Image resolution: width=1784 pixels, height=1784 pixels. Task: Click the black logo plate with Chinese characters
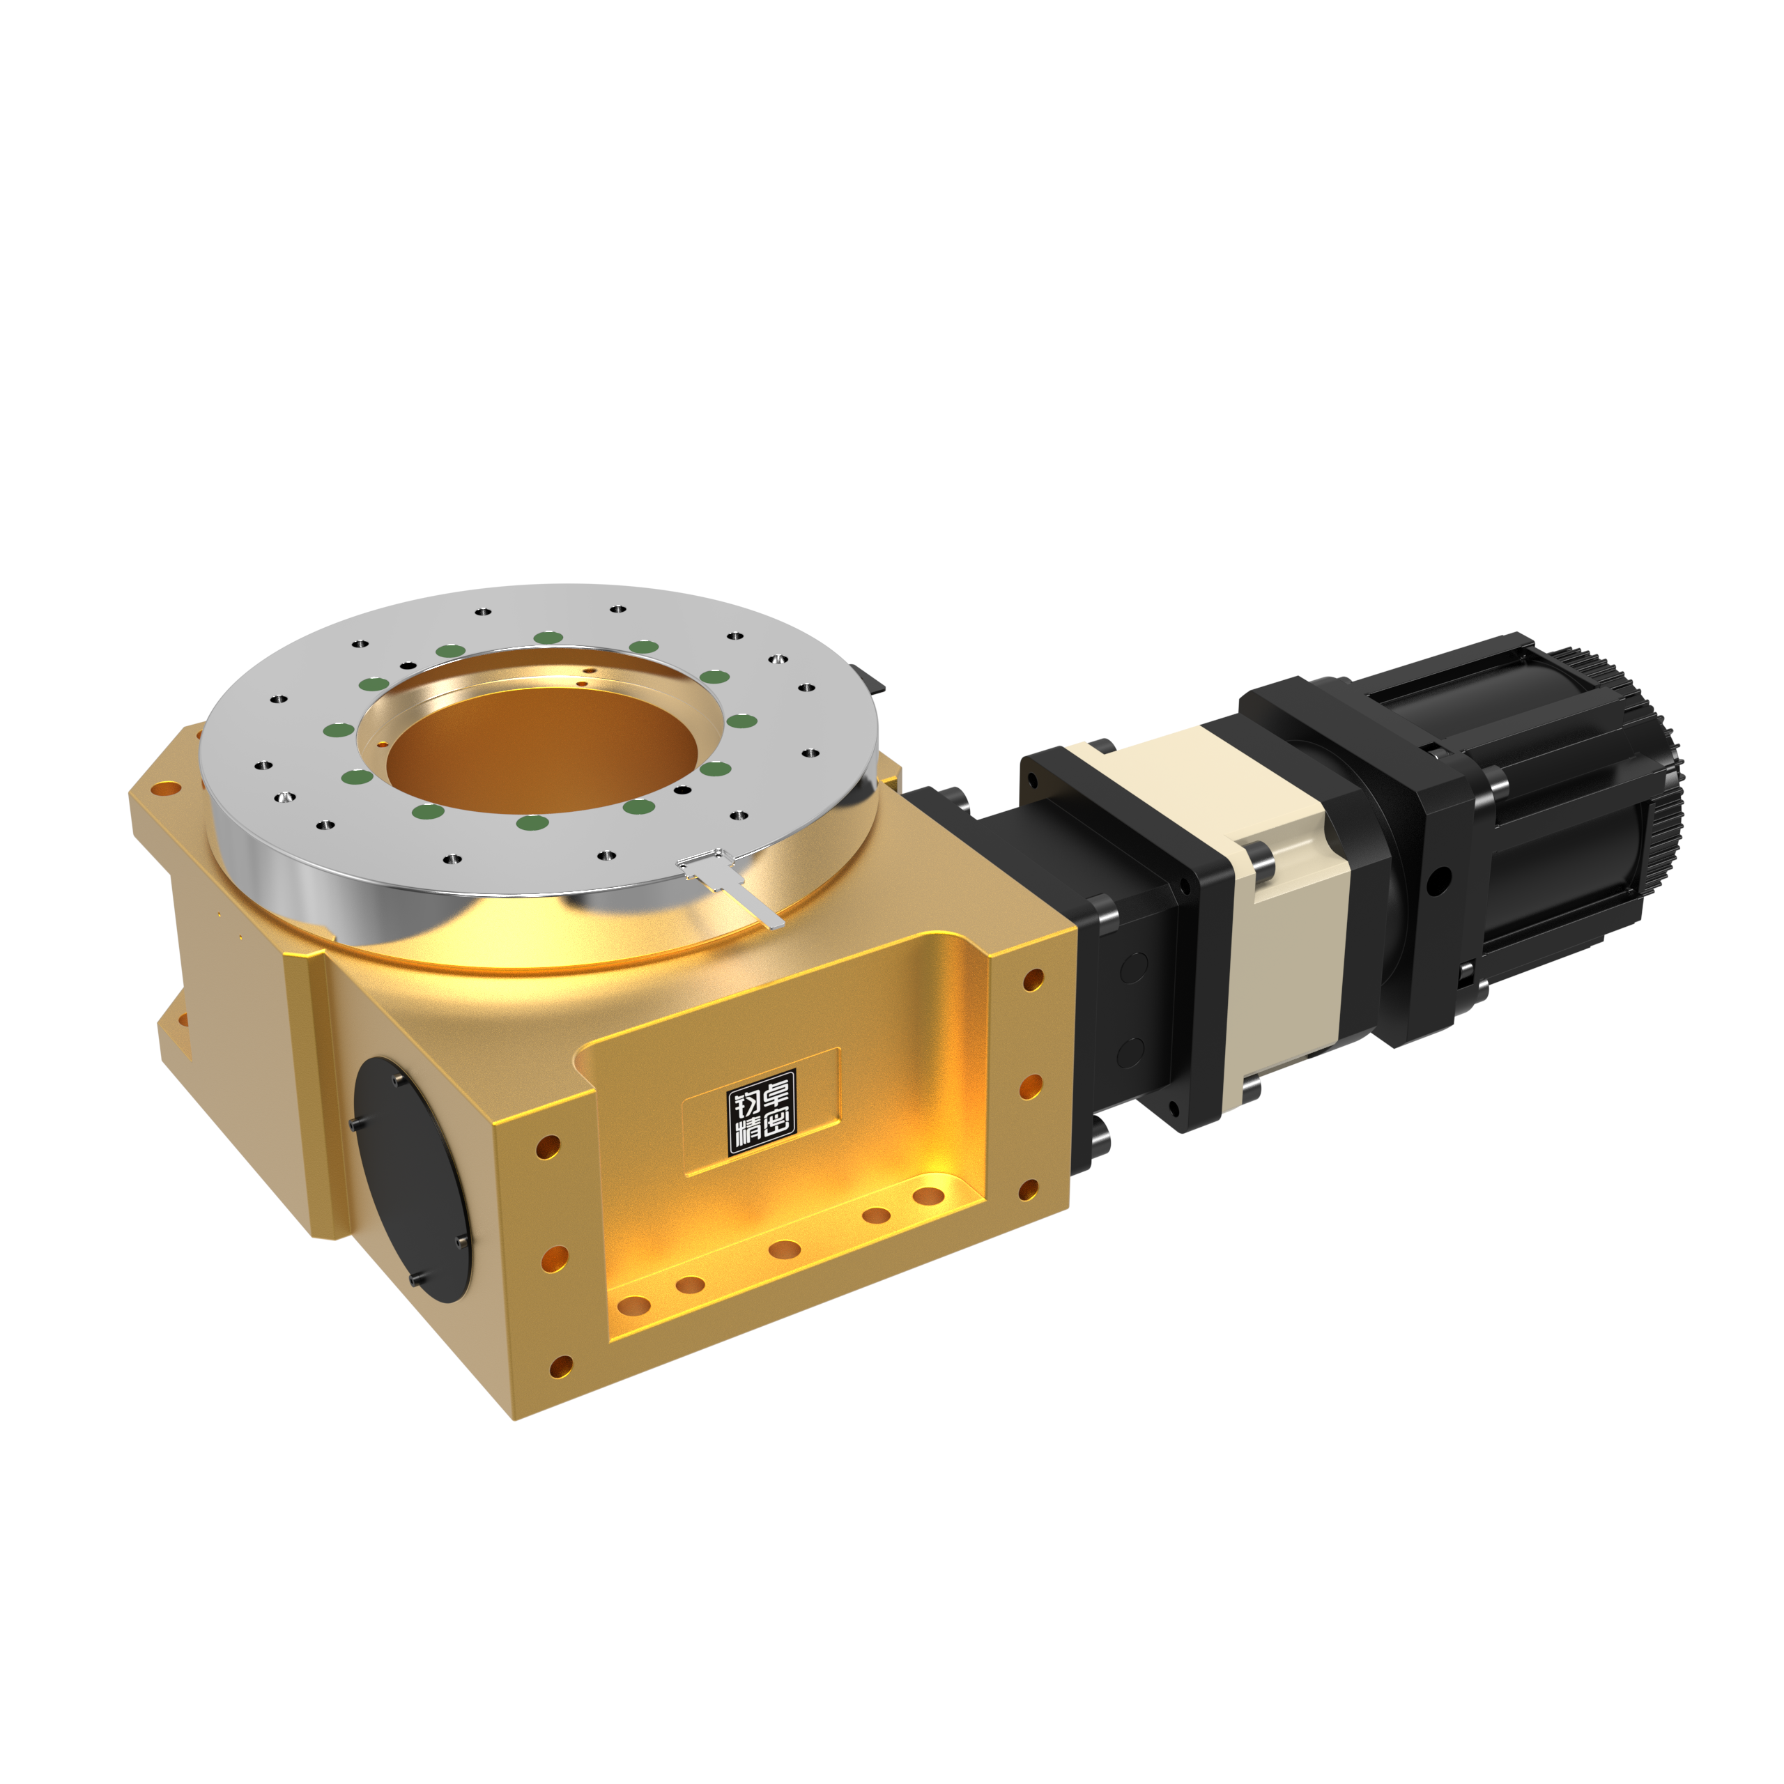coord(762,1112)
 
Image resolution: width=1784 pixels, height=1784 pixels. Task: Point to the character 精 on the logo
coord(746,1134)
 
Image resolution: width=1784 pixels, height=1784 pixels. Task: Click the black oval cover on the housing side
coord(412,1179)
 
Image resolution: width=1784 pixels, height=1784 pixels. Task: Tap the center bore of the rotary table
coord(542,751)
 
